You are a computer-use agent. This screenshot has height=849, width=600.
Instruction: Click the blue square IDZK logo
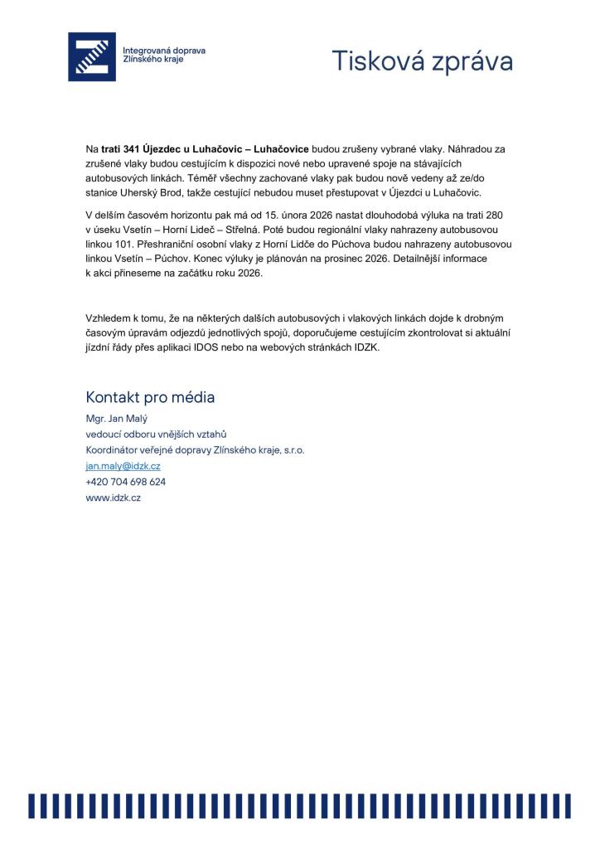point(92,57)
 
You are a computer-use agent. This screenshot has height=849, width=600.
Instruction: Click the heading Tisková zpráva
point(422,61)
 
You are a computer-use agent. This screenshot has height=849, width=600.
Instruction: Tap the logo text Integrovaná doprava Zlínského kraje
point(163,56)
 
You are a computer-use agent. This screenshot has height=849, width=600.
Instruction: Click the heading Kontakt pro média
point(150,397)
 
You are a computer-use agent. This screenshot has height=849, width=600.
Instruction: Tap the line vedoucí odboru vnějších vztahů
point(156,434)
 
